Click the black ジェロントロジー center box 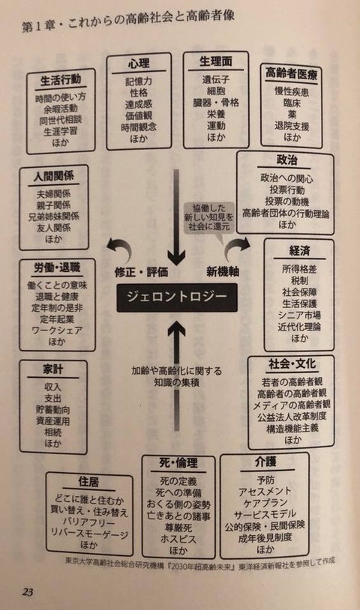(177, 298)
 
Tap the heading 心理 (139, 64)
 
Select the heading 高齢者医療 (291, 73)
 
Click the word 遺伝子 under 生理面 (216, 79)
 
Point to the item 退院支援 (292, 126)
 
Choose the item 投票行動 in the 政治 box (286, 190)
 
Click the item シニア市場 (299, 315)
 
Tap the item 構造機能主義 (292, 429)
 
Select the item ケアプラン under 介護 (265, 503)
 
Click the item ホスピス (178, 540)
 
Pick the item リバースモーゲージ (89, 534)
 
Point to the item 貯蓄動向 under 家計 (53, 410)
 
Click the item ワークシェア (57, 330)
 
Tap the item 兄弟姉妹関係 (54, 217)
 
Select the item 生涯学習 (60, 131)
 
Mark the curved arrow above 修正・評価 (121, 247)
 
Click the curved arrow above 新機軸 (237, 246)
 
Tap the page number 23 (28, 592)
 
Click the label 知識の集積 (177, 383)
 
